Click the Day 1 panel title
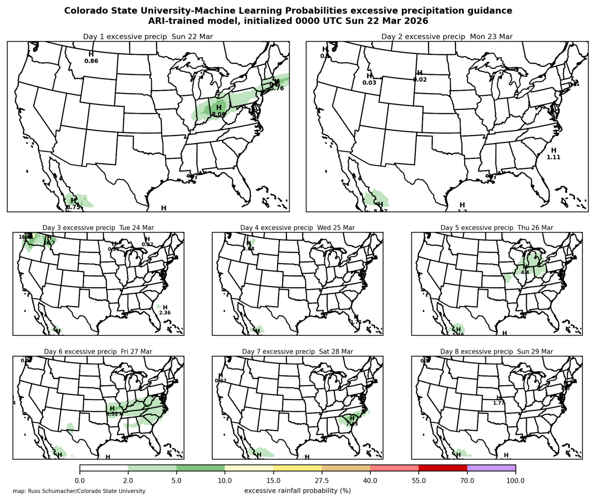148,37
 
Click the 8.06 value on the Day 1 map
219,115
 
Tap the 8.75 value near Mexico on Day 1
73,207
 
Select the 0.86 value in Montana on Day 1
91,61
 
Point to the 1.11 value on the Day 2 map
554,157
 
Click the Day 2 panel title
447,37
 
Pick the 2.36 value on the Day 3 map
165,313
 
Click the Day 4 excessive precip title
297,228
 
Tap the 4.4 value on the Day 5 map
525,272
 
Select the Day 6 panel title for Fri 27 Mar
98,352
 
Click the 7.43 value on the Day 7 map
352,424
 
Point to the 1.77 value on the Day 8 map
499,403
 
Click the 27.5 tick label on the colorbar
322,481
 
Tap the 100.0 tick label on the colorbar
515,481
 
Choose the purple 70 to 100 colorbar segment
491,468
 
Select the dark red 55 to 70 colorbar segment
443,468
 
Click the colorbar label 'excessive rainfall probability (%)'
297,491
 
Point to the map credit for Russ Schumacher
79,491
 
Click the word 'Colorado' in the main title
86,10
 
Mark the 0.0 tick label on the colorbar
80,481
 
